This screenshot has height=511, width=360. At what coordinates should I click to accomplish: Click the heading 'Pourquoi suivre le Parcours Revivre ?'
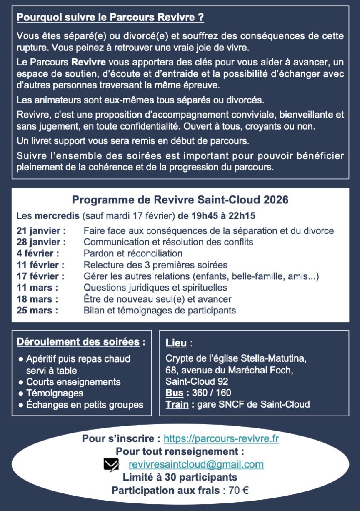tap(110, 18)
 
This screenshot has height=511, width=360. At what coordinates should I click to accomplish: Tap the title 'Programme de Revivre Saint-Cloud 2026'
tap(180, 200)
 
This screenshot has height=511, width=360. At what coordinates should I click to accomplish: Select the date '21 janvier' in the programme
tap(41, 231)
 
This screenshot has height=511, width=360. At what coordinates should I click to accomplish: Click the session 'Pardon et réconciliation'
tap(133, 253)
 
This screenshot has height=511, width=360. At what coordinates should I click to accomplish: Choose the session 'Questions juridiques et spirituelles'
tap(155, 288)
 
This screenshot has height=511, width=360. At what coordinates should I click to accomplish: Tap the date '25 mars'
tap(37, 311)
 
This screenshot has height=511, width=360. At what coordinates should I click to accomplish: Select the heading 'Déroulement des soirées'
tap(78, 342)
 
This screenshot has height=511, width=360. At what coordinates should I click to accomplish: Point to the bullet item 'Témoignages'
tap(55, 393)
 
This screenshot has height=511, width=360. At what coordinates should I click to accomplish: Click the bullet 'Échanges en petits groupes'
tap(85, 405)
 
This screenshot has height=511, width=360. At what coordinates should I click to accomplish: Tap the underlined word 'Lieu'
tap(176, 343)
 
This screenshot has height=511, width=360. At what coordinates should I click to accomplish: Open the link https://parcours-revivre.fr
tap(221, 438)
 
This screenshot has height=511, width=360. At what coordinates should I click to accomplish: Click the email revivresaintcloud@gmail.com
tap(196, 464)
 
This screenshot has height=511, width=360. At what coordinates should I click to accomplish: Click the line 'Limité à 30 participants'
tap(180, 477)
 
